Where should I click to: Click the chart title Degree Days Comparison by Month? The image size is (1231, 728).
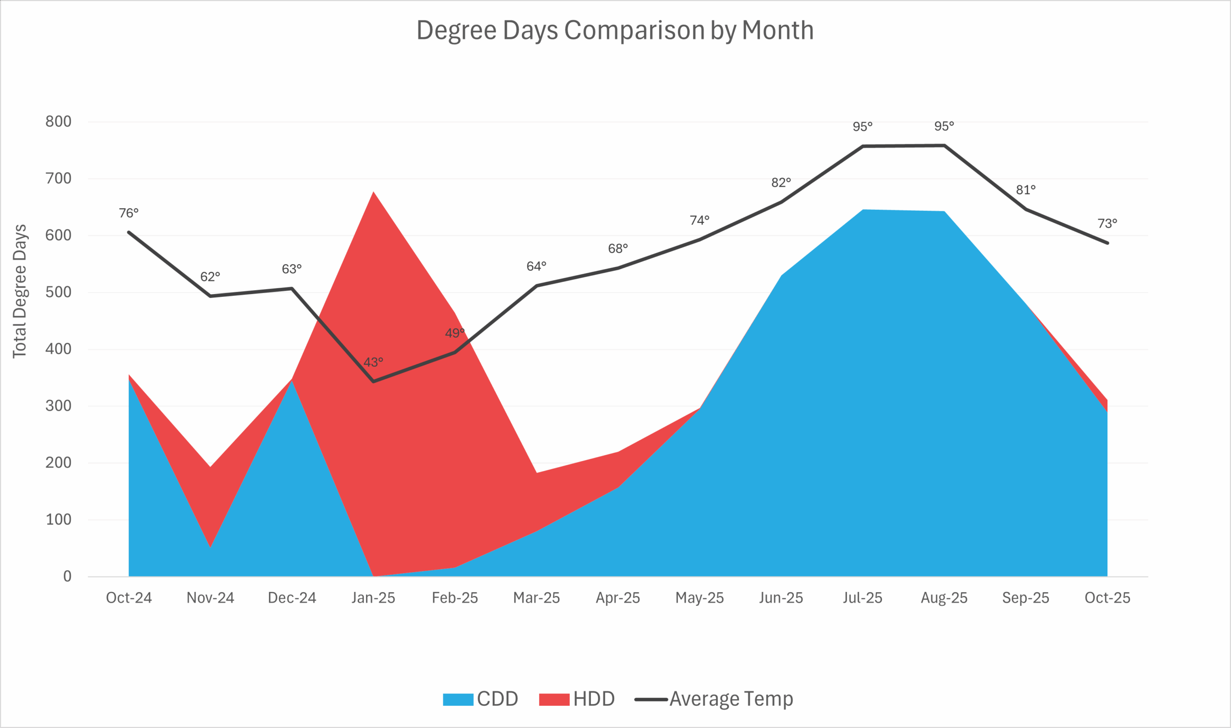pos(615,30)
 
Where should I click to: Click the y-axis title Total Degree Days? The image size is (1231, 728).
pos(20,292)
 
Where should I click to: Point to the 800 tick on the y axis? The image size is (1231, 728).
pos(58,122)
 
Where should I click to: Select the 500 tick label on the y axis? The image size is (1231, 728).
pos(58,293)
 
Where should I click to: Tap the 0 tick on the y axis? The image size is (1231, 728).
pos(67,576)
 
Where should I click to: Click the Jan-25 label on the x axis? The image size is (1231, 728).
pos(373,598)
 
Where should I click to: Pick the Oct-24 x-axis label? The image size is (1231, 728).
pos(129,598)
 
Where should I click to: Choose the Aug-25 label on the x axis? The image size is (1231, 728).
pos(944,598)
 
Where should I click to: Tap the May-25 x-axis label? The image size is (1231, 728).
pos(700,598)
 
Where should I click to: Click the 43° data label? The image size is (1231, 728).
pos(373,362)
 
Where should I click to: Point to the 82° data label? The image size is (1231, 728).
pos(781,183)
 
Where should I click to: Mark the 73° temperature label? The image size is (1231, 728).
pos(1107,224)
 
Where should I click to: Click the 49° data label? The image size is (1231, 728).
pos(454,333)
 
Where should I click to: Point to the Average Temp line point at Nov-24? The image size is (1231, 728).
pos(210,296)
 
